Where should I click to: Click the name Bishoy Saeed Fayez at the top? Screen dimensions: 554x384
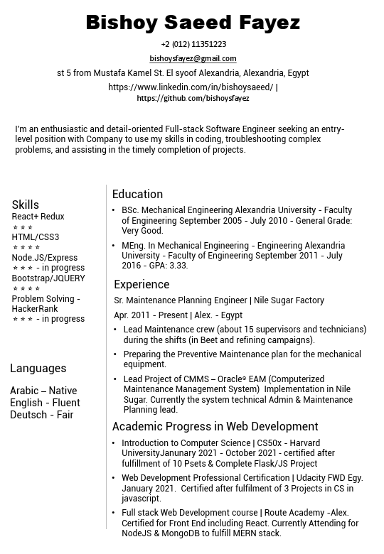tap(193, 23)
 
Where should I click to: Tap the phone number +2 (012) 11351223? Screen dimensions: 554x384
tap(193, 44)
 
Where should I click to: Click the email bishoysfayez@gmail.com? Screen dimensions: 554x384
tap(193, 58)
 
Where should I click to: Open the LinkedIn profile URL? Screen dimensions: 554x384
tap(190, 87)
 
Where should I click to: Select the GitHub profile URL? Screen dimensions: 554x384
tap(193, 98)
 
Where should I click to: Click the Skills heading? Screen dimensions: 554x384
tap(26, 205)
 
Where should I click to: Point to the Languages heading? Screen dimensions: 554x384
tap(38, 368)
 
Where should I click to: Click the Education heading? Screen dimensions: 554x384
tap(138, 194)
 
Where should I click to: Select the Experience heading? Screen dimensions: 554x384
tap(142, 284)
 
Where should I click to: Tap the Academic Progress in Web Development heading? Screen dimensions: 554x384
tap(215, 426)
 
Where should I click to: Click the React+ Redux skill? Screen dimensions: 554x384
tap(38, 217)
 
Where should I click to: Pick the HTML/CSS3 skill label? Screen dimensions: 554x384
tap(36, 237)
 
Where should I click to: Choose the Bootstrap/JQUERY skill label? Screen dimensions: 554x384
tap(48, 278)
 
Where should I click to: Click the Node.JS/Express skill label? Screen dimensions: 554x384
tap(45, 258)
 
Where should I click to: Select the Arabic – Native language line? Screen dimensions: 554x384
tap(43, 391)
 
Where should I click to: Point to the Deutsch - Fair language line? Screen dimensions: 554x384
tap(42, 415)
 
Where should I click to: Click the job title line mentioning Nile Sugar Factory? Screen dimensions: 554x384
tap(219, 300)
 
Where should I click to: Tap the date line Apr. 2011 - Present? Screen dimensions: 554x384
tap(178, 315)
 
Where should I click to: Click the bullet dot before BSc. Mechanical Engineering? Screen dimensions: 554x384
tap(114, 210)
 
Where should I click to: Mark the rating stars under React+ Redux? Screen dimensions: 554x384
tap(23, 227)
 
